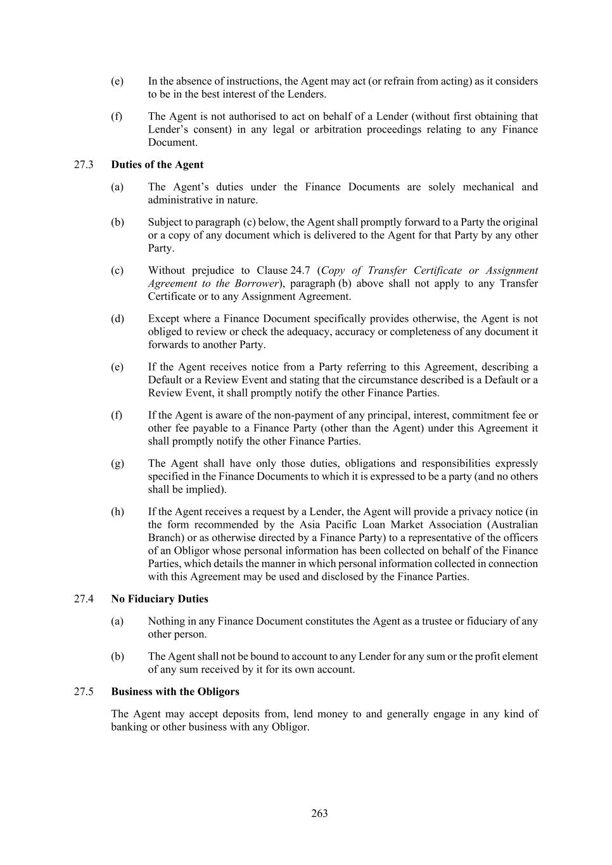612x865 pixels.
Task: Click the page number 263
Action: [x=319, y=813]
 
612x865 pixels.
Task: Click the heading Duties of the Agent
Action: [x=157, y=165]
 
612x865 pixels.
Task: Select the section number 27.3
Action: [x=84, y=165]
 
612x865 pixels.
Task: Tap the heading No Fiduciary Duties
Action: [x=160, y=599]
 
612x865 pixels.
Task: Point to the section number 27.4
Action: [x=84, y=599]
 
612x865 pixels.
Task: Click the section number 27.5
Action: [x=84, y=691]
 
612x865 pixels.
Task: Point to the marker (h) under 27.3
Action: [x=117, y=511]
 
